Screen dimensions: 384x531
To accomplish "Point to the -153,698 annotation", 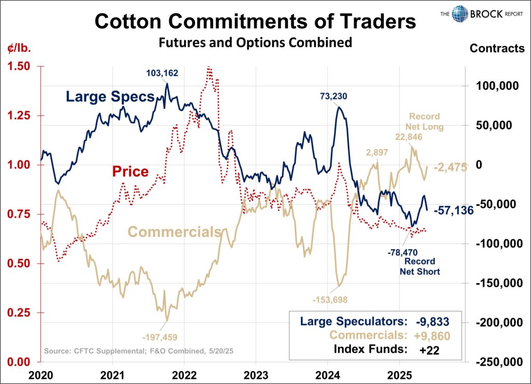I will click(x=330, y=299).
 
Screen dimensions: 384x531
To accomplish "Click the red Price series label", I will click(x=131, y=171).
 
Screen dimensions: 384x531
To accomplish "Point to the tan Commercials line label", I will click(x=174, y=232).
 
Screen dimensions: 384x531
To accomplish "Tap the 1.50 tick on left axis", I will click(x=19, y=66).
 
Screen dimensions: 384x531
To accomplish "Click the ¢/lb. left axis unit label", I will click(x=19, y=50).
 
